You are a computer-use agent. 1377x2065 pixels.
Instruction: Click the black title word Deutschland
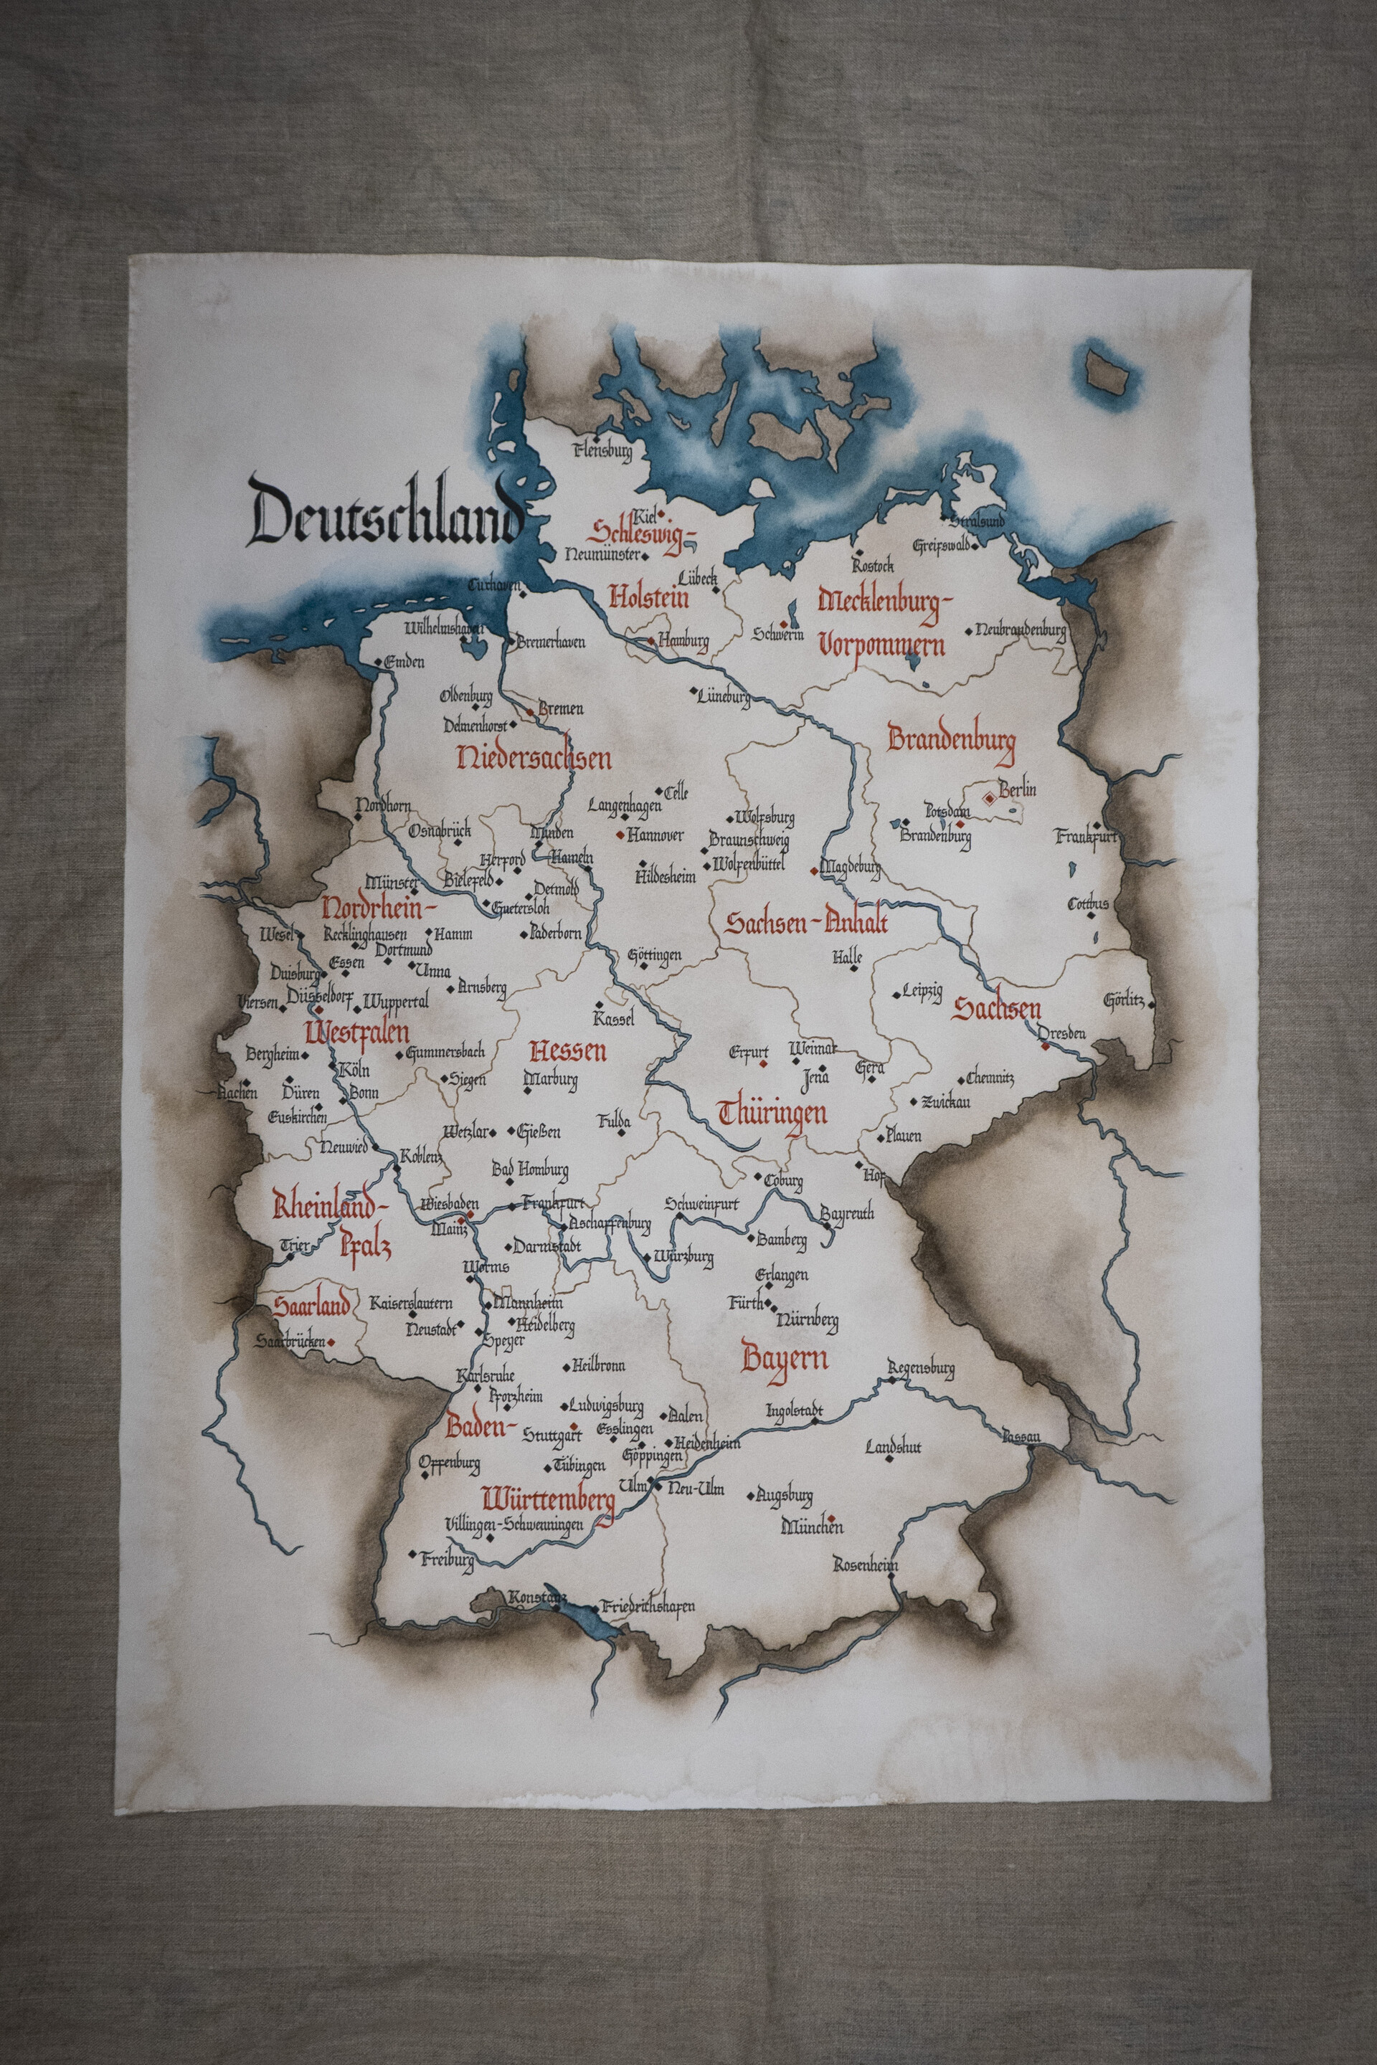coord(384,511)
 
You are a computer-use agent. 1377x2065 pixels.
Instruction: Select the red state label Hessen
coord(568,1051)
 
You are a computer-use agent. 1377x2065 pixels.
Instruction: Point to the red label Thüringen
coord(773,1114)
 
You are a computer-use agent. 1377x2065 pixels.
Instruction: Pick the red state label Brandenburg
coord(951,739)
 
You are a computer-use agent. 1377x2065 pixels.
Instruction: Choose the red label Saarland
coord(311,1306)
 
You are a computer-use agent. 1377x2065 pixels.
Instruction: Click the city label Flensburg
coord(602,452)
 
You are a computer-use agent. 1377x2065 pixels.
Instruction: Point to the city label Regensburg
coord(920,1368)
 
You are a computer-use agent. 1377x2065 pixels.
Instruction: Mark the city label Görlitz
coord(1123,999)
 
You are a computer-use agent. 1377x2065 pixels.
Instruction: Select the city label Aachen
coord(239,1093)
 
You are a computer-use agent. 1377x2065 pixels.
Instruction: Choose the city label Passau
coord(1022,1436)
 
